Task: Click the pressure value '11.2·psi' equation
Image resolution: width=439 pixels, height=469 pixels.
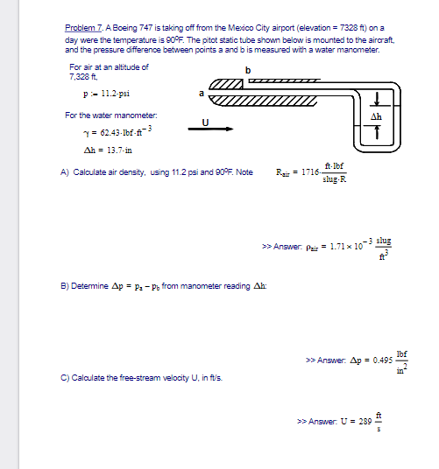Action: pyautogui.click(x=106, y=93)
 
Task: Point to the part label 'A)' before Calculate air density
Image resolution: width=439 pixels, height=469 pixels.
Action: pyautogui.click(x=65, y=172)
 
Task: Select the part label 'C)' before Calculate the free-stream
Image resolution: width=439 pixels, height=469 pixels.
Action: pyautogui.click(x=65, y=378)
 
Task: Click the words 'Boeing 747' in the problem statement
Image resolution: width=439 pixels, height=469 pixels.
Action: pyautogui.click(x=128, y=29)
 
